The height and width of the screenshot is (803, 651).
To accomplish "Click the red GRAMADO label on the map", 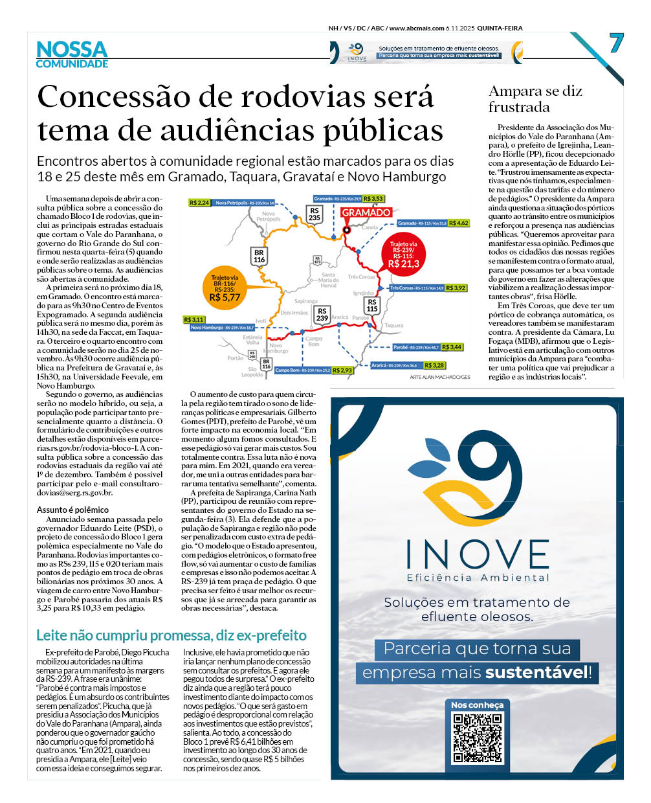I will (x=366, y=212).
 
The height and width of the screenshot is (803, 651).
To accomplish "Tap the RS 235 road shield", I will (x=314, y=214).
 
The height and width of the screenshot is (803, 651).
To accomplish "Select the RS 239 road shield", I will (x=322, y=315).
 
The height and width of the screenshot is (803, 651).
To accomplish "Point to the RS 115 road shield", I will (x=372, y=305).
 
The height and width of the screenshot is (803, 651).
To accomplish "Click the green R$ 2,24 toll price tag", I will (x=199, y=203).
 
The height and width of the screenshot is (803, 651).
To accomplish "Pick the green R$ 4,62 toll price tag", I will (x=458, y=223).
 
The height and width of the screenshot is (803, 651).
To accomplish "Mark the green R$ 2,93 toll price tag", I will (x=342, y=370).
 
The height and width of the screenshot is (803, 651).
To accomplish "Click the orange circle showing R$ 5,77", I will (x=225, y=292).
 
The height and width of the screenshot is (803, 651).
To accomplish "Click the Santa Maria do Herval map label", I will (x=329, y=280).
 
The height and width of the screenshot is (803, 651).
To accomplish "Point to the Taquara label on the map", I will (x=393, y=326).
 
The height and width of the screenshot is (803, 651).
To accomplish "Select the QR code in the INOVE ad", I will (x=478, y=737).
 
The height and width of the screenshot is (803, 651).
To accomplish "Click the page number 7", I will (x=615, y=44).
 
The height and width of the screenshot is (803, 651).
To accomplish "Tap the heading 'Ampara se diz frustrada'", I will (x=535, y=99).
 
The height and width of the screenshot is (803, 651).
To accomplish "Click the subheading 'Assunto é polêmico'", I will (x=72, y=510).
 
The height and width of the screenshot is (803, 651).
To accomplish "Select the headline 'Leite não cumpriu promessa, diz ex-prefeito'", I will (x=171, y=635).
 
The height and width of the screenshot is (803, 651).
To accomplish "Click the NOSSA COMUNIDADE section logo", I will (x=72, y=54).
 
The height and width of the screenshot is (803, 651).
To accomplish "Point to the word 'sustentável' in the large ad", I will (x=536, y=672).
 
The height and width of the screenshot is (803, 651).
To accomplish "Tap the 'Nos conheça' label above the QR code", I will (x=477, y=705).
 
